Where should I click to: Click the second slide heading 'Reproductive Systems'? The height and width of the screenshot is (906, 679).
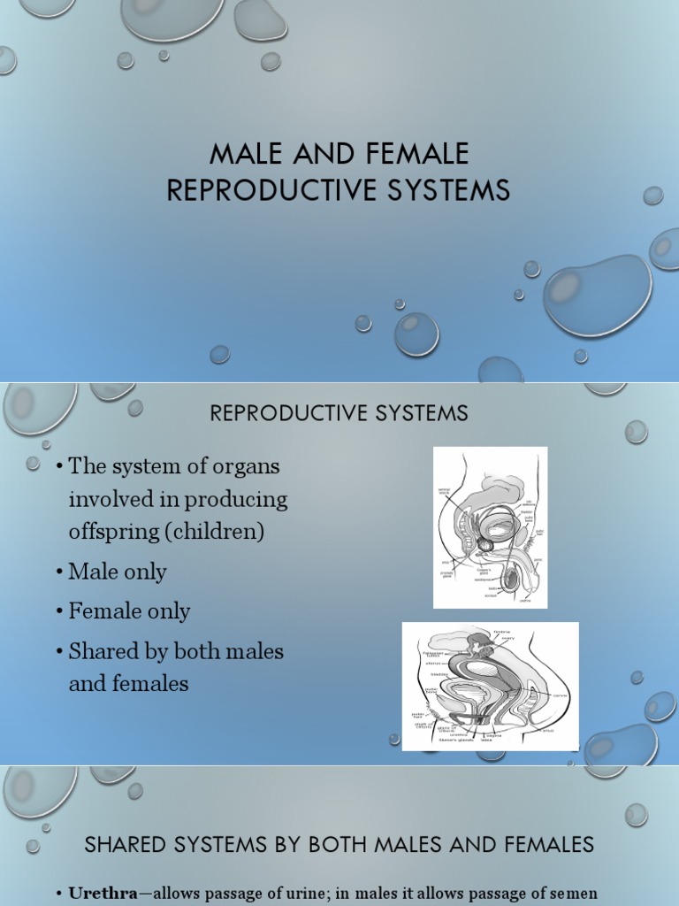[339, 413]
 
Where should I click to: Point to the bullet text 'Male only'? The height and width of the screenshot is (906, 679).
[118, 572]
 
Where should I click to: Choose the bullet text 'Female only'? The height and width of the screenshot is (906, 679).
[129, 611]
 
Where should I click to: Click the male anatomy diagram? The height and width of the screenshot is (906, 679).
[490, 527]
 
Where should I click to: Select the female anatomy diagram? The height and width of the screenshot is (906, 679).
[490, 686]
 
